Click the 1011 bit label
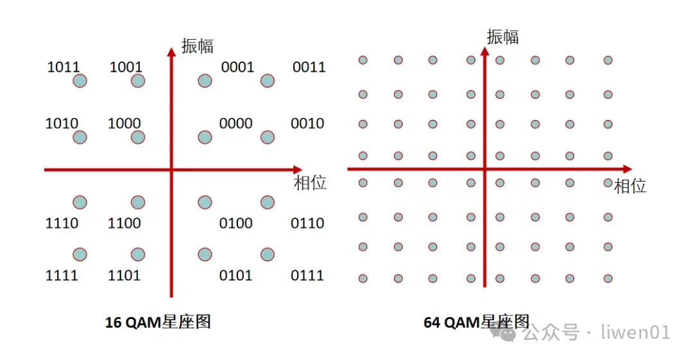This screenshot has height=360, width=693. coord(63,67)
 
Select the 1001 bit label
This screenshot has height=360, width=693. coord(126,67)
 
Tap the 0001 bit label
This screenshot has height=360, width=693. coord(237,67)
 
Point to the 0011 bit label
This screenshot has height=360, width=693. coord(309,67)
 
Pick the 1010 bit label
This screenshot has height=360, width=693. coord(62,123)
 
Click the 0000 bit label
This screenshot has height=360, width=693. coord(235,123)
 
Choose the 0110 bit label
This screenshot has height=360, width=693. coord(307,223)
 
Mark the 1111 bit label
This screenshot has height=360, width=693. coord(62,276)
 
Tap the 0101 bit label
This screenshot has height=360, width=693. coord(235,276)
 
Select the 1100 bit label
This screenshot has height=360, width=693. coord(124,223)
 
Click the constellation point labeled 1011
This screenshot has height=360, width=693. coord(80,81)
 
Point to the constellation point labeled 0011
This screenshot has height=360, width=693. coord(268,81)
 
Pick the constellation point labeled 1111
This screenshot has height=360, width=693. coord(80,255)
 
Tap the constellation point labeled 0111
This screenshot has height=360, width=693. coord(268,255)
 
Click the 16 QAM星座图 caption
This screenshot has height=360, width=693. coord(158,322)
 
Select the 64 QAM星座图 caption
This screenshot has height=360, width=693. coord(476,321)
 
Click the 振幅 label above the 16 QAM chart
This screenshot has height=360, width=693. coord(197,46)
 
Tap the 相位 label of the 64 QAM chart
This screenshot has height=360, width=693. coord(630,186)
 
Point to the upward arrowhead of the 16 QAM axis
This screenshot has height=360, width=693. coord(171,51)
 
